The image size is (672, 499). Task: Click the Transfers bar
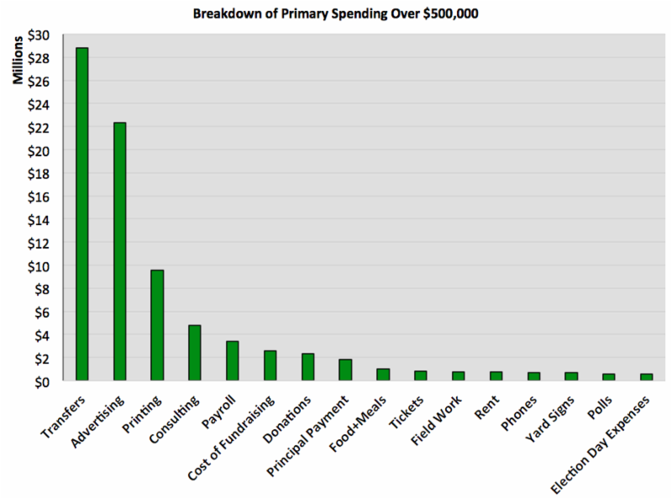[81, 214]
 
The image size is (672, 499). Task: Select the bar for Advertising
[119, 251]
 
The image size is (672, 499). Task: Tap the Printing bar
[157, 325]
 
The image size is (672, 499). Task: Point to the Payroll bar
[233, 360]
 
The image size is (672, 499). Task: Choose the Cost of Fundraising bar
[270, 365]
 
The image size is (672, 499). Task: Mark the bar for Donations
[307, 367]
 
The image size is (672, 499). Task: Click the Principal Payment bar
[345, 370]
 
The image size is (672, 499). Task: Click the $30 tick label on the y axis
[39, 35]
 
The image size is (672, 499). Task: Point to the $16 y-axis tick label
[39, 197]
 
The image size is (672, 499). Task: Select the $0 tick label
[41, 381]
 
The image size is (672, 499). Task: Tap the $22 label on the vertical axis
[39, 128]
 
